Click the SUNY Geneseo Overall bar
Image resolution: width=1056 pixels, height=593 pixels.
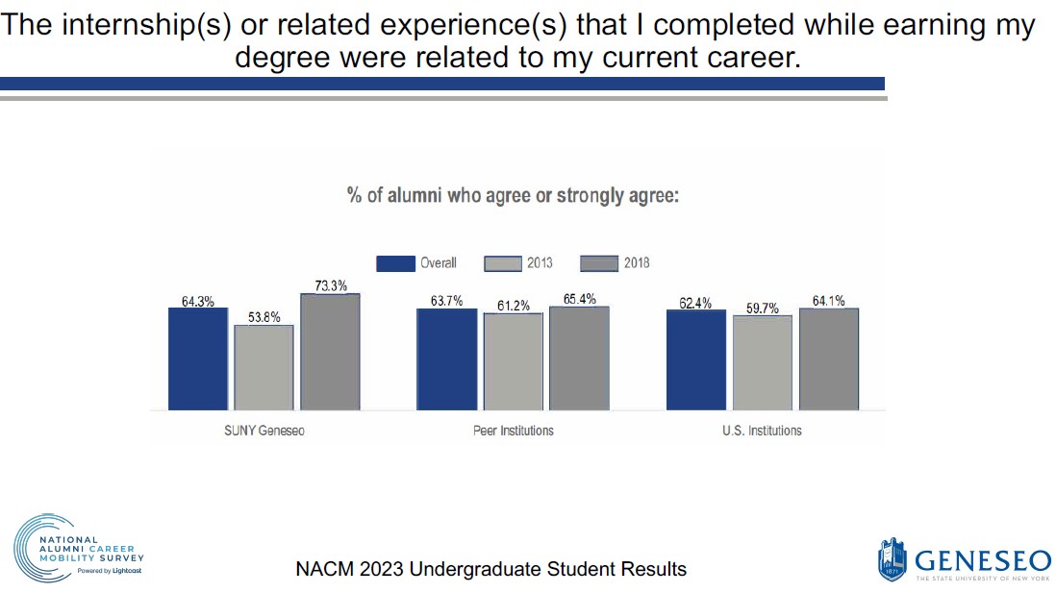click(x=197, y=358)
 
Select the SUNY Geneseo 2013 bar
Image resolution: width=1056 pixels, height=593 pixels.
click(x=264, y=367)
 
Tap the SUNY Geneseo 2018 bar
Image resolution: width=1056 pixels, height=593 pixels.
click(x=330, y=352)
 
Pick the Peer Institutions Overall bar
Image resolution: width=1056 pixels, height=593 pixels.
click(x=446, y=359)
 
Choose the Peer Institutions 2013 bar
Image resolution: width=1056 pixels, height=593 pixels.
click(x=513, y=361)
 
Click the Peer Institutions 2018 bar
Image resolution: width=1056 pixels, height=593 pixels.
click(x=579, y=358)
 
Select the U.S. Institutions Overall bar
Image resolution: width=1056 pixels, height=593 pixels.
click(x=695, y=360)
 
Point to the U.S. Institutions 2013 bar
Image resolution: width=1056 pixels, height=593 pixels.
click(x=763, y=362)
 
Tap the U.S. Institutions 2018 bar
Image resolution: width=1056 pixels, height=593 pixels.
click(x=829, y=358)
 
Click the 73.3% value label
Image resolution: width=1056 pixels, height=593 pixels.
click(x=330, y=285)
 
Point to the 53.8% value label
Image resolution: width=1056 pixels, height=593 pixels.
click(x=264, y=317)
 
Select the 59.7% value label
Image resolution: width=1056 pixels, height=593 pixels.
click(x=763, y=308)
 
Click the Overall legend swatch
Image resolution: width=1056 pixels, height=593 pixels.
click(x=394, y=263)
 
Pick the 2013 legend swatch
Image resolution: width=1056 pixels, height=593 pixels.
click(x=502, y=263)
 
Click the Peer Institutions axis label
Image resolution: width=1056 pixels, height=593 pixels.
click(x=514, y=431)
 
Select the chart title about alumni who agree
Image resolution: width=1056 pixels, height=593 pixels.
click(x=513, y=196)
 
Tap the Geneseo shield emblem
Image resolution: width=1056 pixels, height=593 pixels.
click(x=892, y=558)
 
